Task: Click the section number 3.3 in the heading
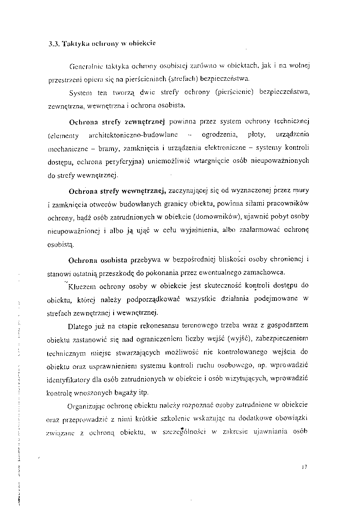pos(54,44)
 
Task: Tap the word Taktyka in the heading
pos(75,44)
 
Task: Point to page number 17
pos(305,467)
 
